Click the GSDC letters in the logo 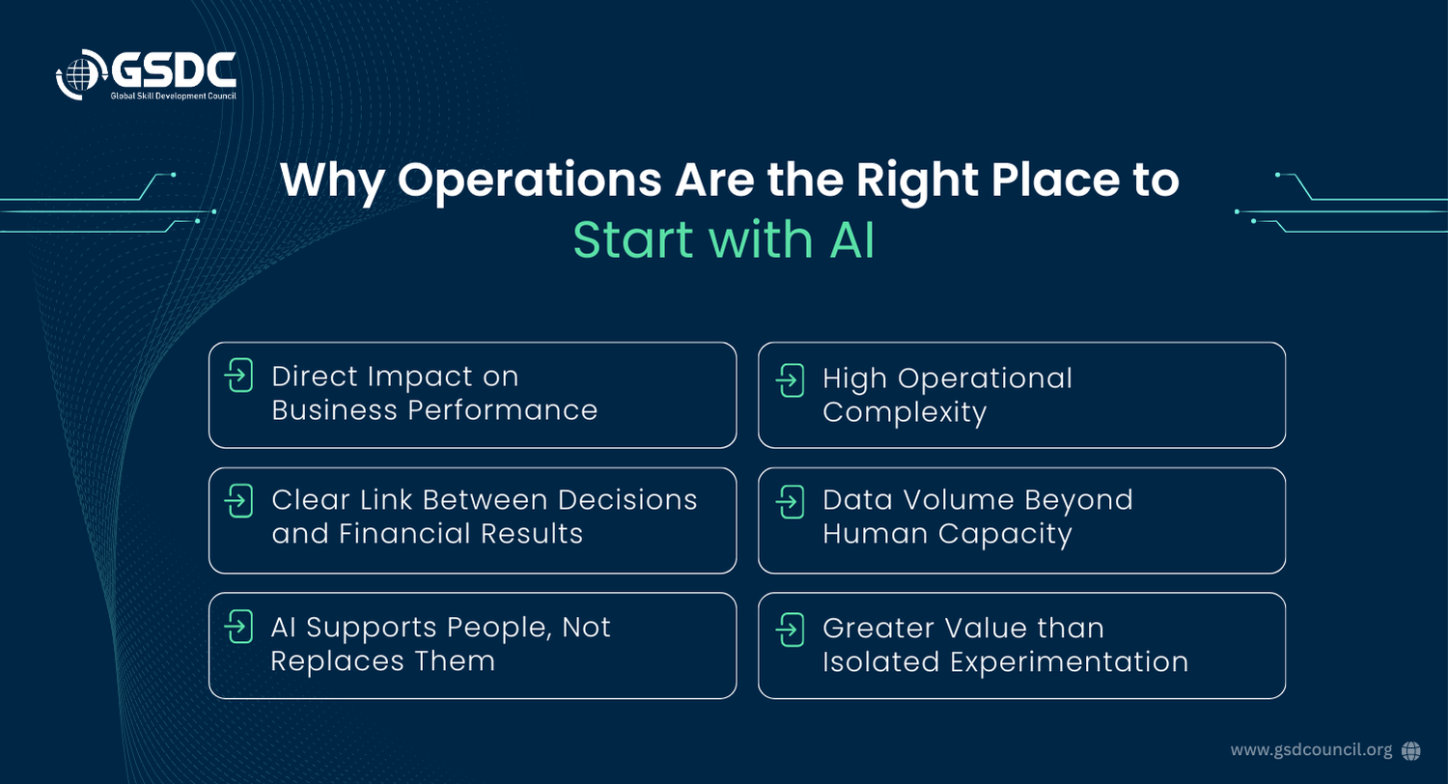(x=174, y=70)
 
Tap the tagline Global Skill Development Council (x=173, y=96)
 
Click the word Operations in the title (x=529, y=180)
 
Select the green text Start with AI (x=724, y=239)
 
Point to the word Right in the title (x=917, y=181)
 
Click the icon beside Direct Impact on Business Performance (x=238, y=375)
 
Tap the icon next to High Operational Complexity (x=790, y=380)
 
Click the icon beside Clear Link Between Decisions (x=238, y=500)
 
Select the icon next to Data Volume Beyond (x=790, y=501)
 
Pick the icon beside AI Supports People (x=238, y=626)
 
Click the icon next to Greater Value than (x=790, y=630)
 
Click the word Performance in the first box (x=503, y=409)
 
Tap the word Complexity (x=905, y=413)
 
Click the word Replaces (x=337, y=661)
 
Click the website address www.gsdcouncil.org (x=1311, y=750)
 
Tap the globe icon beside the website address (x=1410, y=750)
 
